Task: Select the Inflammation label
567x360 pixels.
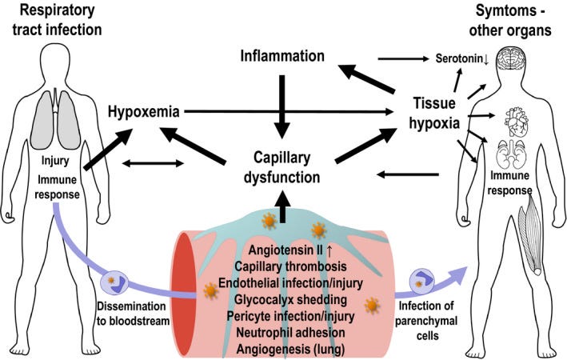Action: tap(285, 57)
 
